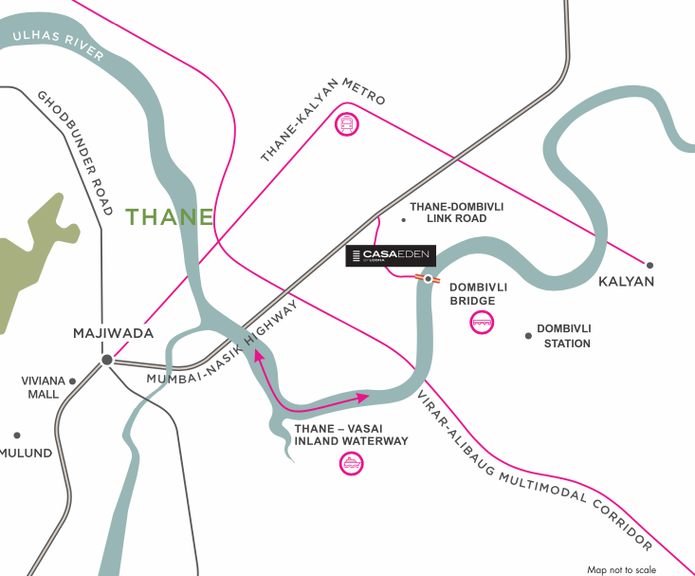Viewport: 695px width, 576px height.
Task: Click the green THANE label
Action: pyautogui.click(x=170, y=217)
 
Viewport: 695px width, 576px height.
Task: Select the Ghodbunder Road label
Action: pyautogui.click(x=76, y=152)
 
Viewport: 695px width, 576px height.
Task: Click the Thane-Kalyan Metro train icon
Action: pyautogui.click(x=348, y=122)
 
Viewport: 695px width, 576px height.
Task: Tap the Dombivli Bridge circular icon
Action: pyautogui.click(x=482, y=323)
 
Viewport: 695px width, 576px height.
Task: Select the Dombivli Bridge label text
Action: pyautogui.click(x=471, y=293)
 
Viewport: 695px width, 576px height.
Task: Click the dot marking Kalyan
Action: pyautogui.click(x=650, y=266)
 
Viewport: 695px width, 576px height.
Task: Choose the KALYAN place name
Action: pyautogui.click(x=627, y=282)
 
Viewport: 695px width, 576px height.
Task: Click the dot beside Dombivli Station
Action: pyautogui.click(x=528, y=335)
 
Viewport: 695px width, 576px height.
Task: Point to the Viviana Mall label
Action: pyautogui.click(x=43, y=387)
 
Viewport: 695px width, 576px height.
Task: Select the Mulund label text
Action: pyautogui.click(x=26, y=453)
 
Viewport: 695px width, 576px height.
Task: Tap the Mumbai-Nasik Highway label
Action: pyautogui.click(x=224, y=343)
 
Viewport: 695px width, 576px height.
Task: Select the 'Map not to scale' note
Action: pyautogui.click(x=621, y=569)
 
